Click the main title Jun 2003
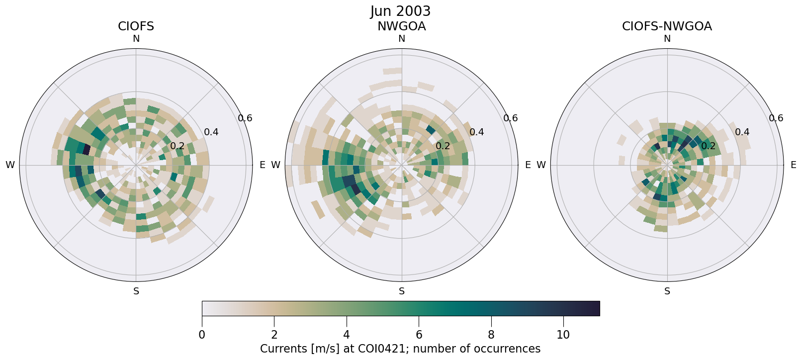point(400,11)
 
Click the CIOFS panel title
point(136,26)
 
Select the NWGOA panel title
point(401,26)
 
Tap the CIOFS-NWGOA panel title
point(667,26)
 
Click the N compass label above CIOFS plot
point(136,39)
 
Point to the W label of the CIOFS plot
point(10,165)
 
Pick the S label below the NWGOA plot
point(401,291)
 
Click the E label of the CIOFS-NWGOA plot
point(793,165)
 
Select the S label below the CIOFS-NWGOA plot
point(667,291)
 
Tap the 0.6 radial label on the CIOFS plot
point(245,118)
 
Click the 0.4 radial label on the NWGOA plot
point(477,132)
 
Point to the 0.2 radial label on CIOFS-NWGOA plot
point(709,146)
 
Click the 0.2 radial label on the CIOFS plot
point(178,146)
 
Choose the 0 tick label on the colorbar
point(202,335)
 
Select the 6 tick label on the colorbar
point(419,335)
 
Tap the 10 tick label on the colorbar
point(563,335)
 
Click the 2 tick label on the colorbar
point(274,335)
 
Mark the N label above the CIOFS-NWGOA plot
point(667,39)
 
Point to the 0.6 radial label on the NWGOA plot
point(511,118)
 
